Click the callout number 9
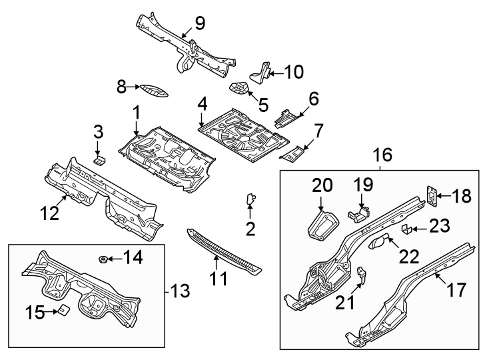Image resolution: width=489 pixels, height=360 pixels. [x=199, y=23]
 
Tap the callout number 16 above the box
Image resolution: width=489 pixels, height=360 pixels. [x=382, y=156]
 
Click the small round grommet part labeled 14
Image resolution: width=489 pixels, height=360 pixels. [x=104, y=258]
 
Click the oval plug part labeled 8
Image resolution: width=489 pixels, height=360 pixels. [x=153, y=91]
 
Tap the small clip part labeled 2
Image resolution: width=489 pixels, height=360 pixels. [x=251, y=199]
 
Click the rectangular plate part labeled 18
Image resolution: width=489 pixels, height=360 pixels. [x=431, y=195]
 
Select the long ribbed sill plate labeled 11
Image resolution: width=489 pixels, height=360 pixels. [x=223, y=251]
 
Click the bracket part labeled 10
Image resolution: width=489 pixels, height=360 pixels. [x=260, y=71]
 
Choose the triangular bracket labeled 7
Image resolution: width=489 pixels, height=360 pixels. [x=292, y=153]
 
